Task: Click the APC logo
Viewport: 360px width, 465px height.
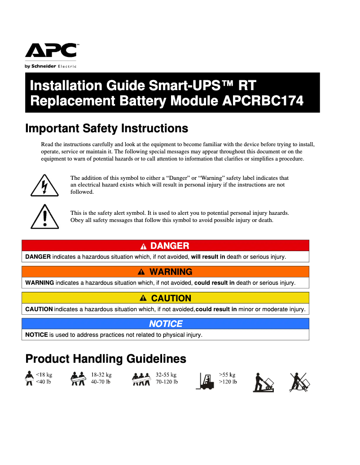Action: [51, 51]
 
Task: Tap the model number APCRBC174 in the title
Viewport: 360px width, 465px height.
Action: [263, 101]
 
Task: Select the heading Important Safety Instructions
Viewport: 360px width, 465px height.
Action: [106, 129]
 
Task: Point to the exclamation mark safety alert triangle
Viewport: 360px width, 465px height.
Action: [44, 216]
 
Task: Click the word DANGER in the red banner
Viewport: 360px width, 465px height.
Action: [170, 246]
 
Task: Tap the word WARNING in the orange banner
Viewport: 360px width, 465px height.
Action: [171, 272]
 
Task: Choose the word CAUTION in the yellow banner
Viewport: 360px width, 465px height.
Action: [171, 298]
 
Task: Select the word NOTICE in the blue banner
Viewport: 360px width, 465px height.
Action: [166, 324]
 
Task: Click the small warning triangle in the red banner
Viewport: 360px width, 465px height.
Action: [143, 246]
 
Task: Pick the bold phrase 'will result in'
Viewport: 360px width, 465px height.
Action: [208, 257]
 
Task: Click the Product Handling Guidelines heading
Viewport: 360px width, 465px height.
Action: [105, 359]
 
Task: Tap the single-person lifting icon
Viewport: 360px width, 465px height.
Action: [30, 378]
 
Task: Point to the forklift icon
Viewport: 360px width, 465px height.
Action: [206, 381]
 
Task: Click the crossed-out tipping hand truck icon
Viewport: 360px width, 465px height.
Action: [299, 382]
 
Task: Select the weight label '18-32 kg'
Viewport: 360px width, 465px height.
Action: [101, 375]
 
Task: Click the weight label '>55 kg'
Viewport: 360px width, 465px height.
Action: [227, 375]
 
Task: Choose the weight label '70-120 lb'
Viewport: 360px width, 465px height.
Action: [167, 382]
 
